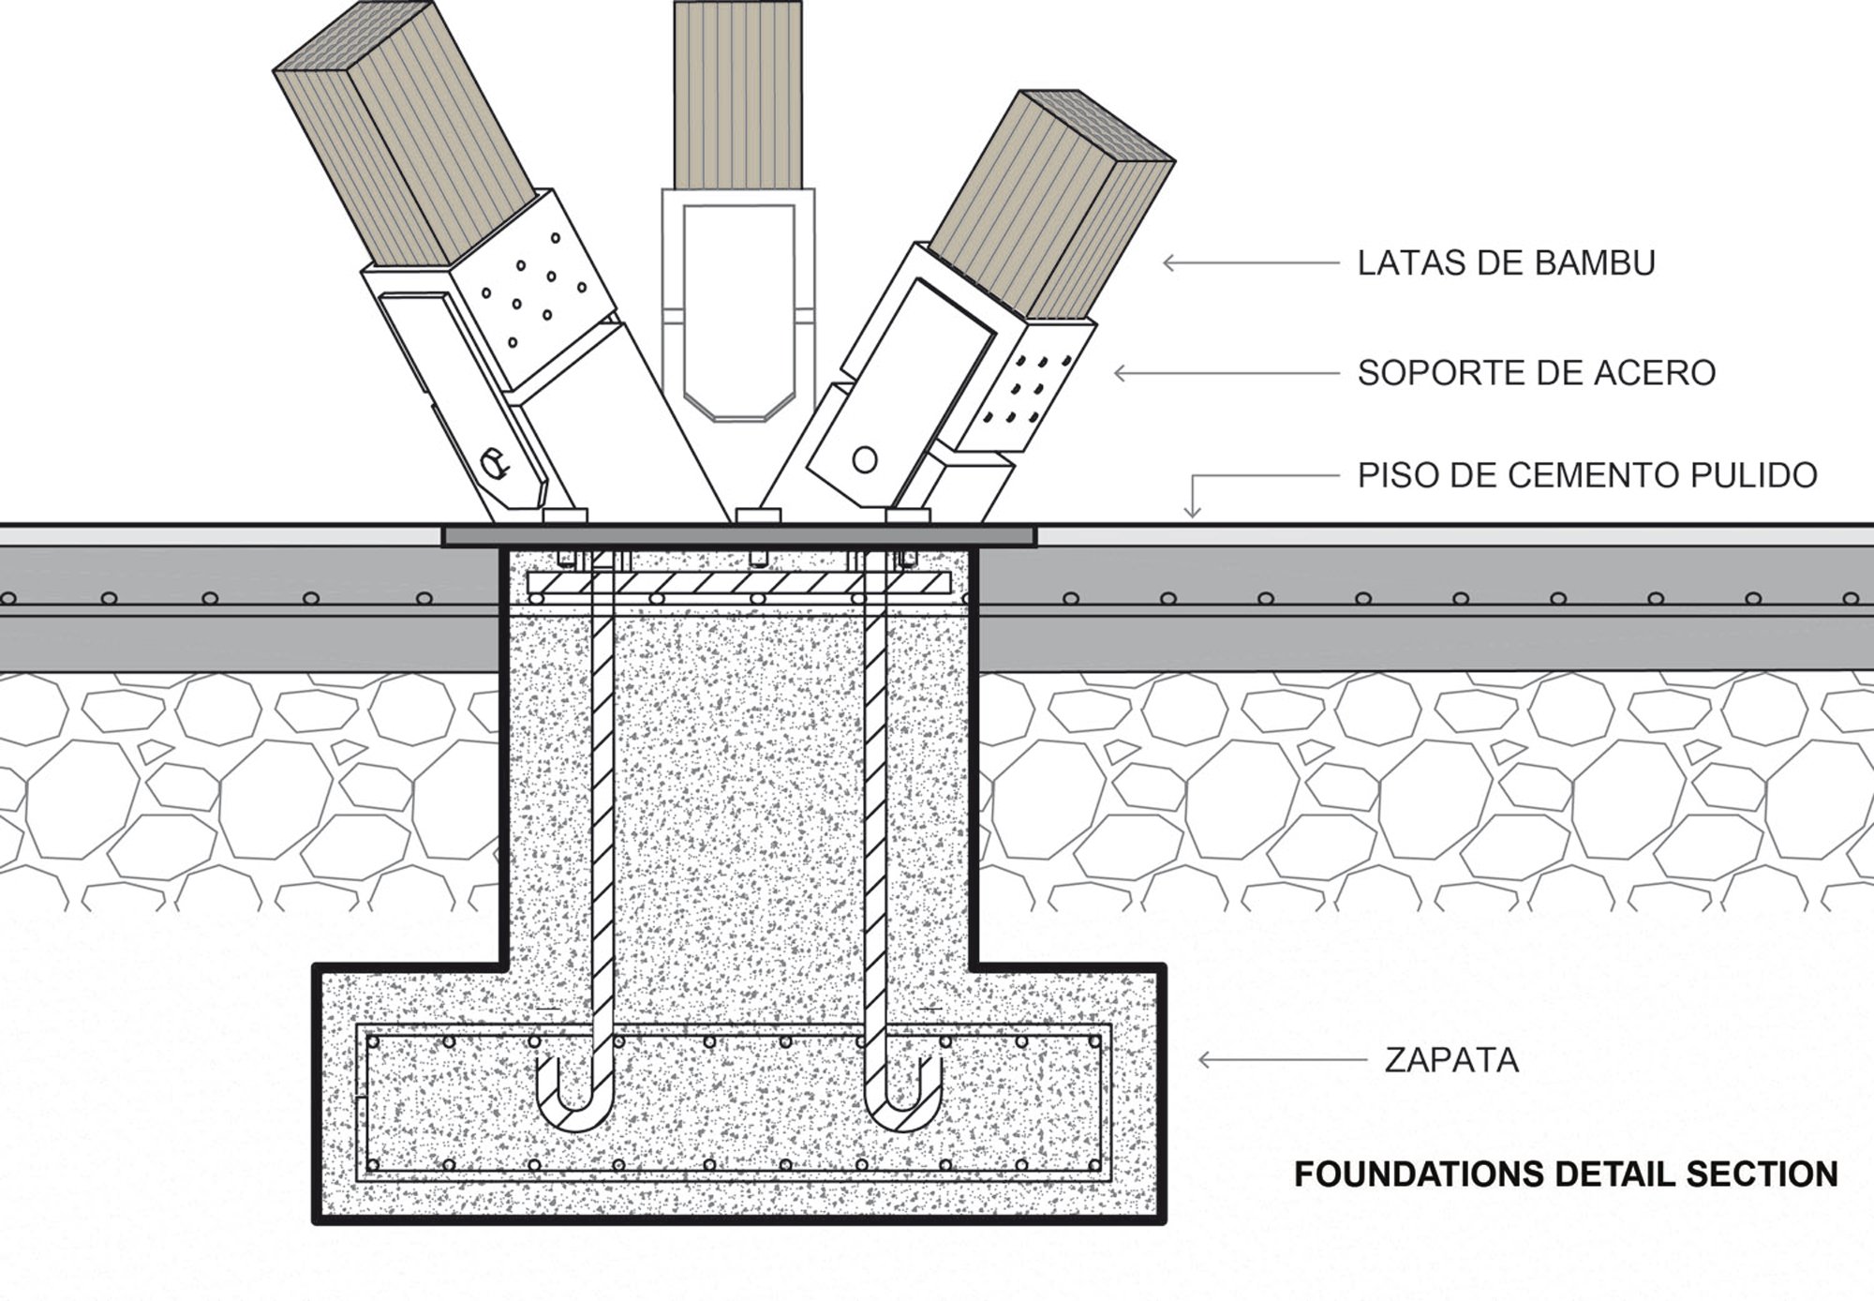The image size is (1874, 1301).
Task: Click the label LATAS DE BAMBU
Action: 1506,263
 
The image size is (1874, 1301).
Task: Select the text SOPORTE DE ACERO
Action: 1536,373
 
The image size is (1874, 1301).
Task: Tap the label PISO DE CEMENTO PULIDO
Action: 1586,475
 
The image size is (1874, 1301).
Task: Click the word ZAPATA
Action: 1450,1060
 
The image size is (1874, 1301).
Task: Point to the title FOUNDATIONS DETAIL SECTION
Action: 1566,1174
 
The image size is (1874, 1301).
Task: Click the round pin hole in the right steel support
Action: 865,459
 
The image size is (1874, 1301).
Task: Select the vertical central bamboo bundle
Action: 737,94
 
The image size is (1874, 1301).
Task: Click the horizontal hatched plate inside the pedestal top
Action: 737,583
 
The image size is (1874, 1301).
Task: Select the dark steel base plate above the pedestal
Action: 737,536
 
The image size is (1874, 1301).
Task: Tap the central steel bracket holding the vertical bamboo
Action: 737,300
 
